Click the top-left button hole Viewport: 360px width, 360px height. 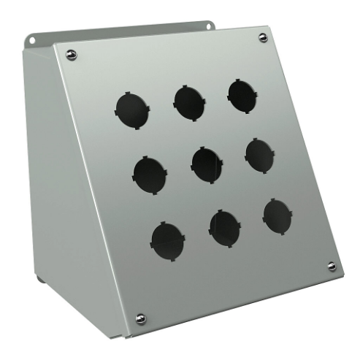point(132,110)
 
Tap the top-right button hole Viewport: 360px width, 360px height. point(242,95)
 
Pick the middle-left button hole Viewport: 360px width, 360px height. point(150,173)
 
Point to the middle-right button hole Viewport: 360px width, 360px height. point(260,155)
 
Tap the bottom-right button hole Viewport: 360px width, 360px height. point(277,216)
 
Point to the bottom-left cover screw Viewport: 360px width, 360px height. point(140,318)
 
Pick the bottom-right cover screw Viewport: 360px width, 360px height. point(332,267)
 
